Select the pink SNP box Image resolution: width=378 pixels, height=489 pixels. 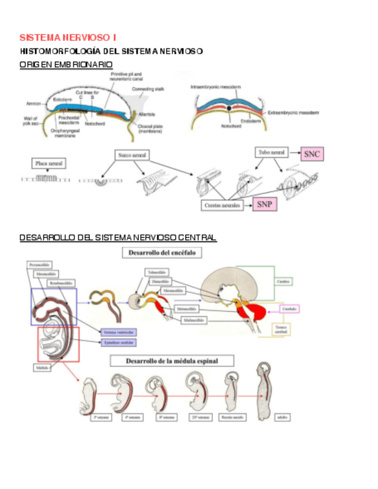pos(264,204)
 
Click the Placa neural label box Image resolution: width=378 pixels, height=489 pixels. pos(49,163)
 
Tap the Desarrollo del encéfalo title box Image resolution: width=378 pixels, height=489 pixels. pos(161,253)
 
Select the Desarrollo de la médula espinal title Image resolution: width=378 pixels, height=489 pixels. pos(172,361)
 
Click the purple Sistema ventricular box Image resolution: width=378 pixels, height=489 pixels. pos(118,332)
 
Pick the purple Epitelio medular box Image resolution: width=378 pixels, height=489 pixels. pos(118,343)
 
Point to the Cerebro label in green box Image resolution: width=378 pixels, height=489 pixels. pos(282,281)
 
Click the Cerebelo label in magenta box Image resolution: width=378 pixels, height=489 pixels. pos(289,309)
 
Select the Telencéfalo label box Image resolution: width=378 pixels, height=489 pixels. pos(157,272)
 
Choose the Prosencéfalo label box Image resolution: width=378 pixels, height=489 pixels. pos(40,265)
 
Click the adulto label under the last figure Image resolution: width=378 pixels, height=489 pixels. pos(282,416)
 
